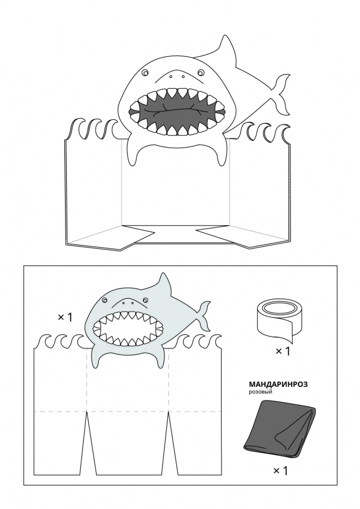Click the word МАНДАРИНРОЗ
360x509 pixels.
pos(278,384)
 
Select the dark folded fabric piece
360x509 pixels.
pos(280,429)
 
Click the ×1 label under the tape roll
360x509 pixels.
pos(283,351)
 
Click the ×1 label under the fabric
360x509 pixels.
pos(280,471)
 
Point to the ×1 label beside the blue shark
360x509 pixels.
pos(65,317)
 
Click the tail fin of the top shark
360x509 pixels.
pos(280,93)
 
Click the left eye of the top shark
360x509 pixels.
pos(145,72)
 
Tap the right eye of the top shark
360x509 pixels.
pos(201,72)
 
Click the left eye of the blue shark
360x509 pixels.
pos(104,301)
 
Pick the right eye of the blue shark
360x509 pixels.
pos(145,300)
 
